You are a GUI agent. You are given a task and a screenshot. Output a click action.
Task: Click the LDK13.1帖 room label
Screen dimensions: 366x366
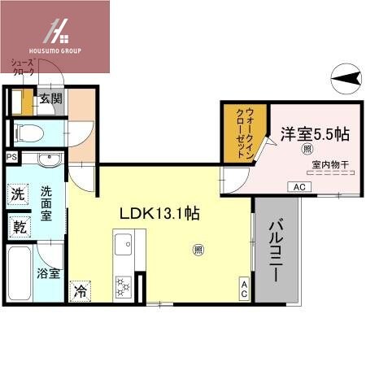[x=160, y=215]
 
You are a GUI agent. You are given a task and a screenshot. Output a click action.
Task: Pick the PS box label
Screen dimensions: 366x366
[x=11, y=157]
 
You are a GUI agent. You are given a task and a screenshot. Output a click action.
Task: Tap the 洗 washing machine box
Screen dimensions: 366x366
[x=18, y=194]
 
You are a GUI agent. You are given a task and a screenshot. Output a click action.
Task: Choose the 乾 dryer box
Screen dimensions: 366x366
[x=18, y=227]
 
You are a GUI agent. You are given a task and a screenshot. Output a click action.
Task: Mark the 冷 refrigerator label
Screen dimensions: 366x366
[x=81, y=290]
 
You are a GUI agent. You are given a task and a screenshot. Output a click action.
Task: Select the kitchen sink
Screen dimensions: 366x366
[x=124, y=244]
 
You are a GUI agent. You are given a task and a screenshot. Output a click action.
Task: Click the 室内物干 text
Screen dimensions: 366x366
[x=329, y=166]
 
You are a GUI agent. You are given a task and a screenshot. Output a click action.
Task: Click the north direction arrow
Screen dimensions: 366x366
[x=347, y=78]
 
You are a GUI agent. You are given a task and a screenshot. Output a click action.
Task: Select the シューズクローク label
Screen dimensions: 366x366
[x=23, y=68]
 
